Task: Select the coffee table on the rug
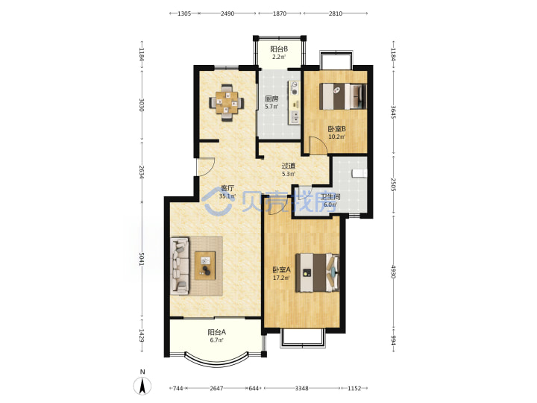pyautogui.click(x=205, y=265)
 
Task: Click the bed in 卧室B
pyautogui.click(x=342, y=96)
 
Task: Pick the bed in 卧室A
pyautogui.click(x=318, y=273)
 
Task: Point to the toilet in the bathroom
pyautogui.click(x=359, y=173)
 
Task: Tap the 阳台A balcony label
pyautogui.click(x=217, y=332)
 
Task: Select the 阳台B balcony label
pyautogui.click(x=279, y=49)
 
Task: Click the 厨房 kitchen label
pyautogui.click(x=271, y=99)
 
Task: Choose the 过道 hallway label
pyautogui.click(x=289, y=166)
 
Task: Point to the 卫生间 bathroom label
pyautogui.click(x=330, y=197)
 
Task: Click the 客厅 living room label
pyautogui.click(x=227, y=188)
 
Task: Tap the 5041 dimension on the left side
pyautogui.click(x=142, y=259)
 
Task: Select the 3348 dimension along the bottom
pyautogui.click(x=302, y=388)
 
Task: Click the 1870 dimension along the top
pyautogui.click(x=280, y=13)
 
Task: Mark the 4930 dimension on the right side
pyautogui.click(x=394, y=272)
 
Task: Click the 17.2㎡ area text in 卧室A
pyautogui.click(x=281, y=278)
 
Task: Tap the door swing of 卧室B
pyautogui.click(x=318, y=146)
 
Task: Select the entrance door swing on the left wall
pyautogui.click(x=206, y=167)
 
